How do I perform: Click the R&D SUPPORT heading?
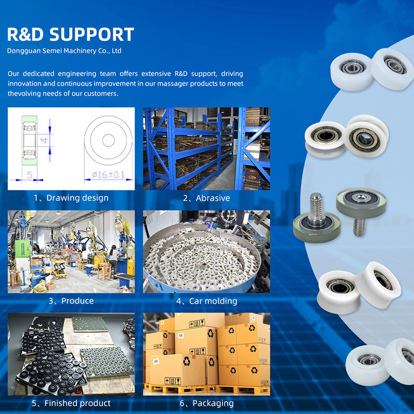coord(70,34)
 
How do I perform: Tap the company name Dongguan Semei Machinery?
coord(64,51)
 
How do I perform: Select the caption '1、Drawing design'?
coord(71,198)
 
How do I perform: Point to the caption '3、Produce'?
coord(71,301)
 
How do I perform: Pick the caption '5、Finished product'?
coord(71,403)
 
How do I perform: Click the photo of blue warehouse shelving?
coord(206,149)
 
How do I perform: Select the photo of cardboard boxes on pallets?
coord(206,353)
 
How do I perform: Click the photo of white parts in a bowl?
coord(206,251)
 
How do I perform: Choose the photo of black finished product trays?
coord(71,353)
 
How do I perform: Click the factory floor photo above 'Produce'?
coord(71,251)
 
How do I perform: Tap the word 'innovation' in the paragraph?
coord(28,84)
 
